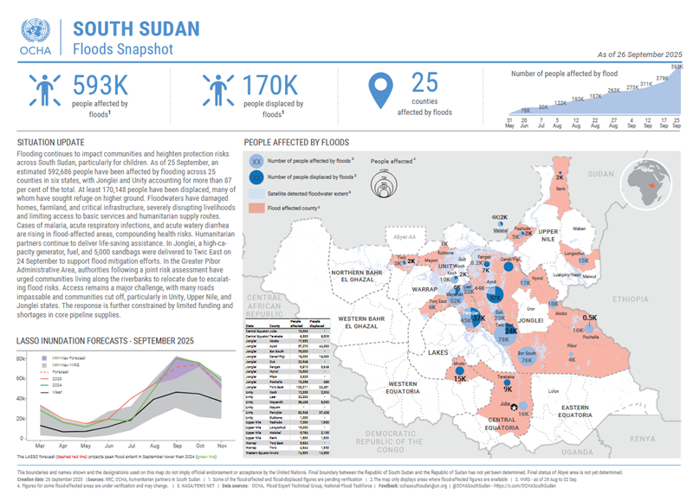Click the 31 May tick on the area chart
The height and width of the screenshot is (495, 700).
point(510,121)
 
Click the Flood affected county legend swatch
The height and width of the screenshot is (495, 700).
point(257,209)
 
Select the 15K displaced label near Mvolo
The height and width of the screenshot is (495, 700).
point(459,378)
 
